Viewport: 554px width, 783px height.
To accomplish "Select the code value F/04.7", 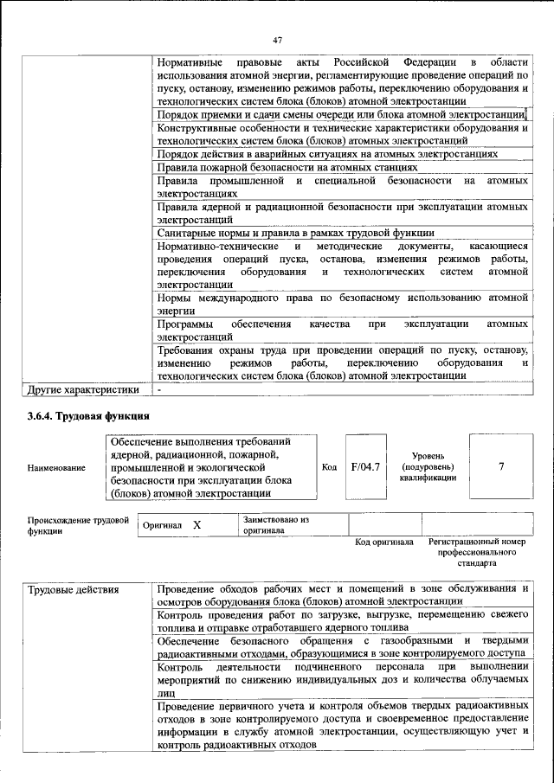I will point(364,467).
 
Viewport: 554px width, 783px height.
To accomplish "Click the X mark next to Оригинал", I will point(196,525).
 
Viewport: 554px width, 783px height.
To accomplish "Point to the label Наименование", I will point(56,468).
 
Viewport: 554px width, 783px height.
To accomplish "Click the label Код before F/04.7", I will point(329,467).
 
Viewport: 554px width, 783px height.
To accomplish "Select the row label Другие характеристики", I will point(84,389).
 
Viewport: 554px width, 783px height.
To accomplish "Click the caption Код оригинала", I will point(384,542).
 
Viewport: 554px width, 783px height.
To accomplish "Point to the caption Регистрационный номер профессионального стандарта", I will point(477,552).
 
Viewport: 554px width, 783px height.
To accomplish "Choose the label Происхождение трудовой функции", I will point(78,525).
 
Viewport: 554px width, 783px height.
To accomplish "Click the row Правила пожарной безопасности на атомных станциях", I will point(287,167).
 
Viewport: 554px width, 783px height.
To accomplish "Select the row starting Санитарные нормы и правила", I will point(295,234).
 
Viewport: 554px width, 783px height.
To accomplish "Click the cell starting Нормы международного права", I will point(342,304).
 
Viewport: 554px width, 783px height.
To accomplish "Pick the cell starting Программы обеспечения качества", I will point(342,330).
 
